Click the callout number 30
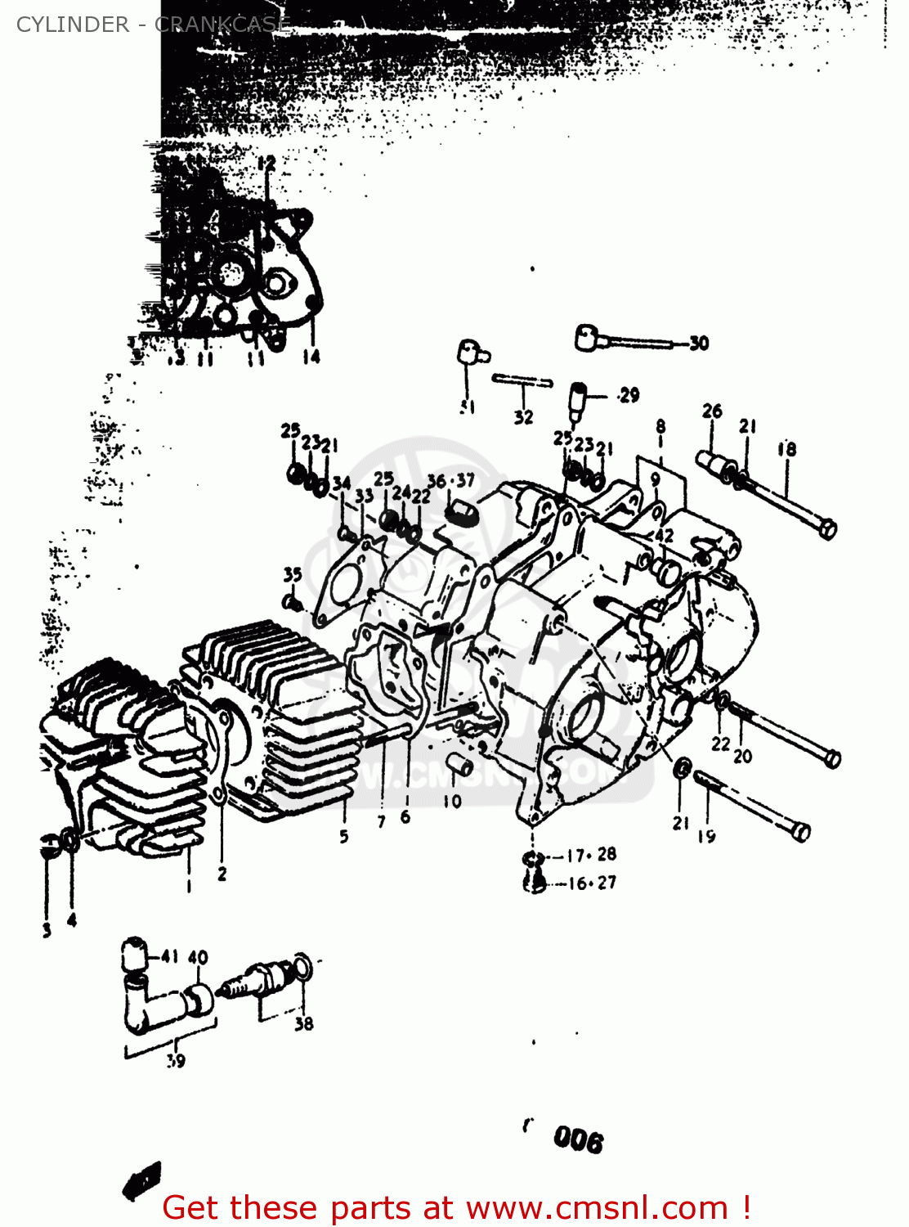[699, 344]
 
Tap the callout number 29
[629, 396]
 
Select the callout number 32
[523, 417]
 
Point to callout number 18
[786, 449]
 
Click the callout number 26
[712, 411]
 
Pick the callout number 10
[452, 802]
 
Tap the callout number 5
[344, 836]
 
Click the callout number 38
[303, 1023]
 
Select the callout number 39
[176, 1061]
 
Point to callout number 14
[311, 357]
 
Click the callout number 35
[293, 575]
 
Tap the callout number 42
[664, 536]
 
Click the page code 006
[578, 1139]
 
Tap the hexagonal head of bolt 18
[826, 528]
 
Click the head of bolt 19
[801, 832]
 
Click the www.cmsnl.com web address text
[596, 1207]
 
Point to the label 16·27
[592, 883]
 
